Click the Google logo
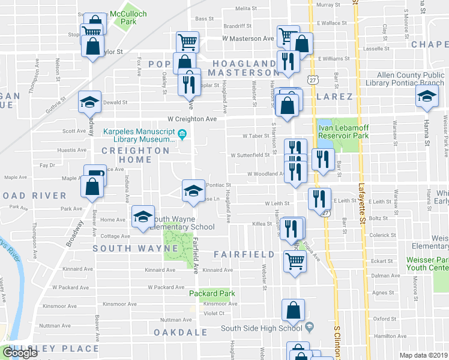pos(20,352)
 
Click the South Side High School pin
pos(309,328)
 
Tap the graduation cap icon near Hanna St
pos(427,97)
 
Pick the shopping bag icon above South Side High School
pos(293,310)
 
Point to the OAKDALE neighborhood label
pos(176,332)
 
